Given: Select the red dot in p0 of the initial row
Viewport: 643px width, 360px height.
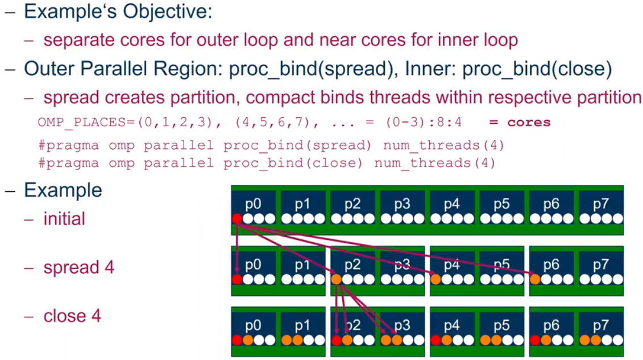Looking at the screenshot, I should pos(237,219).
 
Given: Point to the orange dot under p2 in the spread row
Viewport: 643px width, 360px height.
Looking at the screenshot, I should pos(337,279).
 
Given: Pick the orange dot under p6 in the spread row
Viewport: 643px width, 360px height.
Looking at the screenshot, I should pos(535,279).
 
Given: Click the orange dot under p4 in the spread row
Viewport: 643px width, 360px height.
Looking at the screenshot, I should pos(436,279).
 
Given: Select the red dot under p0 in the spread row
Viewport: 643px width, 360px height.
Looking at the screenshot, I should pos(237,279).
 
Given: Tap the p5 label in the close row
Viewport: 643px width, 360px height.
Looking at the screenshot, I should pos(501,326).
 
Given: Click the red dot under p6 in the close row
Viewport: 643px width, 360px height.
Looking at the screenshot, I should pos(535,340).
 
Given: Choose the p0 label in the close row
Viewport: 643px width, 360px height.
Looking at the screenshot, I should pos(252,326).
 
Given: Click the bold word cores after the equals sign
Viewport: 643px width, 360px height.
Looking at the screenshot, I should pos(529,122).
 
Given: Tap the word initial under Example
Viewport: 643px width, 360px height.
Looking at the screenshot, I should pos(64,219).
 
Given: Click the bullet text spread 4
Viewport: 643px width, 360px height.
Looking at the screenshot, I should pos(78,267).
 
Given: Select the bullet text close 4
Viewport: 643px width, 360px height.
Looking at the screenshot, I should pos(72,316).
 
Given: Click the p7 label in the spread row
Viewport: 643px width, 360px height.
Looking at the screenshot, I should pos(601,265).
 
